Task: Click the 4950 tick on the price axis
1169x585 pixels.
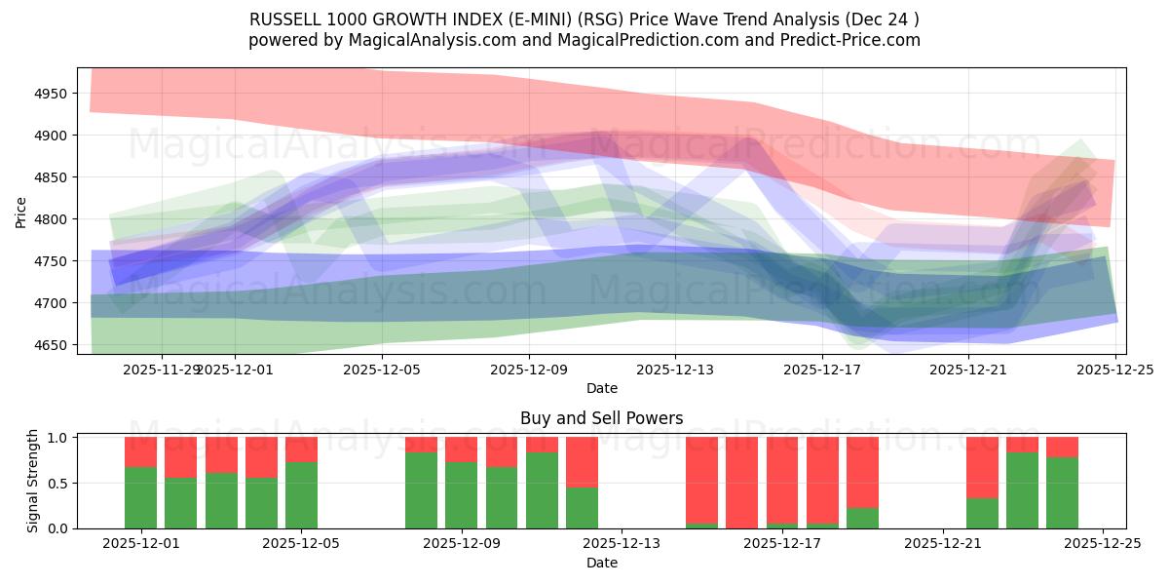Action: [x=52, y=94]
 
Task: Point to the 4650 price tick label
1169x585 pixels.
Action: [x=52, y=345]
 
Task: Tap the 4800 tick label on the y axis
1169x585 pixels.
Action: [x=52, y=219]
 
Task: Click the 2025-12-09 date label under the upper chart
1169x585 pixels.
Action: [x=529, y=370]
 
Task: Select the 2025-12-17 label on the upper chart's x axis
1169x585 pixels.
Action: [x=821, y=370]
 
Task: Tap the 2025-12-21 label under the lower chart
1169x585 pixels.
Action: [x=943, y=544]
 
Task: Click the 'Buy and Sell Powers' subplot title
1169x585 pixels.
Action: [x=601, y=418]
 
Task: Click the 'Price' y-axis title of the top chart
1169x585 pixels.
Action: [x=21, y=211]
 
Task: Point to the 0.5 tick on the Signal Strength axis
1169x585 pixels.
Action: [x=57, y=483]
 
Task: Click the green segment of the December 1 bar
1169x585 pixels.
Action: [x=140, y=498]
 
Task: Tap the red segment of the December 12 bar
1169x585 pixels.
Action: [x=582, y=461]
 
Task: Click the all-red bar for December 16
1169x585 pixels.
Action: [x=741, y=483]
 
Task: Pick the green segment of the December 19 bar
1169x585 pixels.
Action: [x=862, y=518]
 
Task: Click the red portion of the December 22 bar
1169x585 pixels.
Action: [x=982, y=467]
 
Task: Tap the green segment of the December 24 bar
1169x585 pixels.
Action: [x=1062, y=493]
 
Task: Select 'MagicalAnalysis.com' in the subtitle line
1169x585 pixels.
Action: [x=403, y=40]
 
